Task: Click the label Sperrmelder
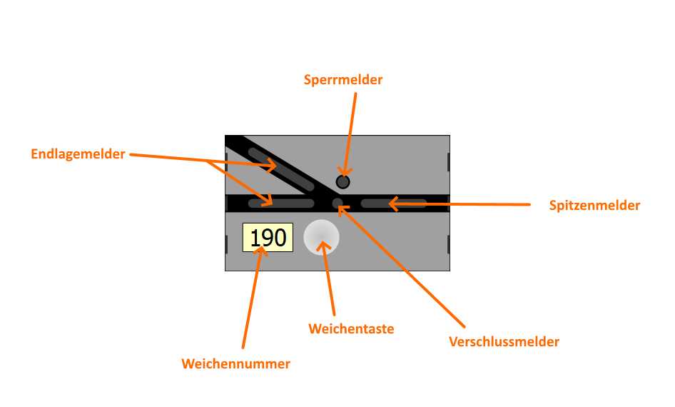(x=342, y=79)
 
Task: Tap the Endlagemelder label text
(x=78, y=154)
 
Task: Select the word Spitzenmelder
(x=594, y=206)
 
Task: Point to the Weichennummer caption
(x=235, y=363)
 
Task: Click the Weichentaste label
(x=351, y=328)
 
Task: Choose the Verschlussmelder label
(x=504, y=341)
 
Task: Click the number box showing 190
(x=268, y=237)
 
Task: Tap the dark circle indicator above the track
(x=342, y=181)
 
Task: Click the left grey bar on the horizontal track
(x=281, y=203)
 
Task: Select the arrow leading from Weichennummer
(x=252, y=300)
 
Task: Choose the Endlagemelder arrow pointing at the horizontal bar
(x=239, y=183)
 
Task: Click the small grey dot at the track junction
(x=337, y=203)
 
